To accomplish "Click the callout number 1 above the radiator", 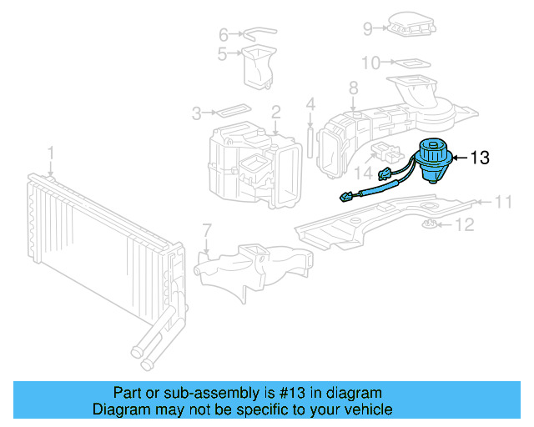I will click(x=50, y=153).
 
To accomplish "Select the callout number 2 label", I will click(x=275, y=112).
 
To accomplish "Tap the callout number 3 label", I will click(x=197, y=113).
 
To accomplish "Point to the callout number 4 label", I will click(x=310, y=105).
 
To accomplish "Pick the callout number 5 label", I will click(x=223, y=54).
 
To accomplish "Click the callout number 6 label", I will click(x=223, y=35).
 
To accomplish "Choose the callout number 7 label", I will click(x=207, y=230).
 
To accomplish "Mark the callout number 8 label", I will click(x=353, y=88).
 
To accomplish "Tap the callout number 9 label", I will click(x=367, y=29).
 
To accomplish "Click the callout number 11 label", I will click(x=502, y=201).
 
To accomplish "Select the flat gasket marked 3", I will click(x=230, y=111).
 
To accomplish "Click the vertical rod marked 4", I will click(x=310, y=140).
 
